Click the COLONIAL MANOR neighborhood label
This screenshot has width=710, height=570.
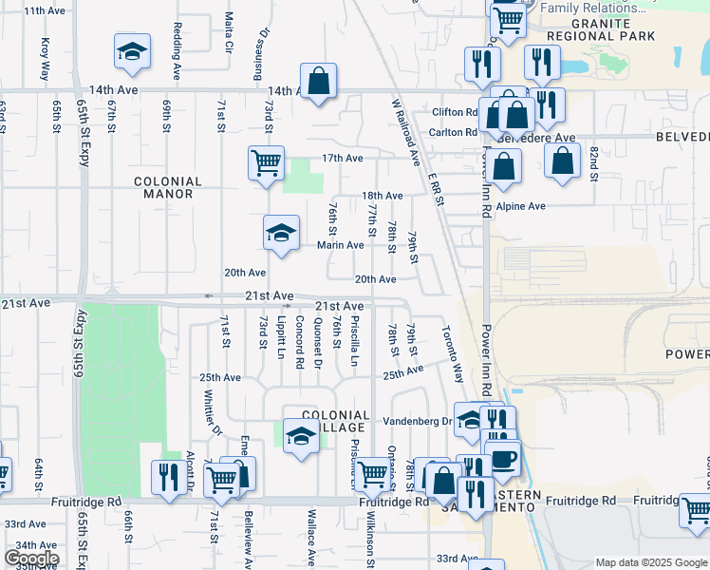click(x=168, y=187)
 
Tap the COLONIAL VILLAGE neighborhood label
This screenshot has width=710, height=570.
click(x=334, y=422)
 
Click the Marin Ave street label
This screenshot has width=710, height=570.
click(x=340, y=245)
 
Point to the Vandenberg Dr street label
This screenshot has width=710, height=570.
click(x=418, y=421)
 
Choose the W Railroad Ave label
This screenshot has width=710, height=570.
click(x=405, y=130)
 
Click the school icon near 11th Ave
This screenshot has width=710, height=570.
click(x=132, y=53)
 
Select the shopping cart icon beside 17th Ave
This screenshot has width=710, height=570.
click(x=266, y=162)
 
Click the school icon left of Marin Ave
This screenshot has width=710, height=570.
click(x=281, y=234)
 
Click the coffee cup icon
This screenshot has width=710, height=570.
click(x=501, y=460)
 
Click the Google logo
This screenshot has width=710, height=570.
click(x=31, y=559)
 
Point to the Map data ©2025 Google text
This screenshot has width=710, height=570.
click(x=650, y=562)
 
